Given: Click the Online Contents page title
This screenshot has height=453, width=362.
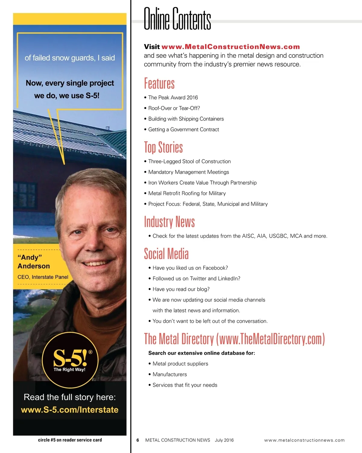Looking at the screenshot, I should pyautogui.click(x=177, y=19).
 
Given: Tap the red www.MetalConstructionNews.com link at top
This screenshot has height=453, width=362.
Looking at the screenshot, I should pyautogui.click(x=230, y=47).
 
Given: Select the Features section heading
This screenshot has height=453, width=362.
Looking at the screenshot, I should pyautogui.click(x=159, y=83).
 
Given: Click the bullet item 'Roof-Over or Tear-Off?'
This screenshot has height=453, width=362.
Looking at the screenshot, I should pyautogui.click(x=174, y=108).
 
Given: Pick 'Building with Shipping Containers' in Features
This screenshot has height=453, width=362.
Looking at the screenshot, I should pyautogui.click(x=186, y=119).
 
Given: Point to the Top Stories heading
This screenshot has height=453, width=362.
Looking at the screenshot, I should pyautogui.click(x=163, y=147).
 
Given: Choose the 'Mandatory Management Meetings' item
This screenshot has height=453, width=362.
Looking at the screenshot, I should pyautogui.click(x=189, y=172).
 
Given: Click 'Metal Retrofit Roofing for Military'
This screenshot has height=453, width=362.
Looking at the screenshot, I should pyautogui.click(x=187, y=193).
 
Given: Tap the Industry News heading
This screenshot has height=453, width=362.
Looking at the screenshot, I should pyautogui.click(x=169, y=222).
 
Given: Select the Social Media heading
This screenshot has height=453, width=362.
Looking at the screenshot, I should pyautogui.click(x=166, y=254).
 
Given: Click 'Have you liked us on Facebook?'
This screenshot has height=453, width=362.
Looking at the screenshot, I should pyautogui.click(x=190, y=268).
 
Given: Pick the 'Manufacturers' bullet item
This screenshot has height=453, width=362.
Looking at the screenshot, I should pyautogui.click(x=170, y=374).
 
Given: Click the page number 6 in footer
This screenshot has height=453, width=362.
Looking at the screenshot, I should pyautogui.click(x=138, y=440).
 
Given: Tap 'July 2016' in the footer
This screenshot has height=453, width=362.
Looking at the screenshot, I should pyautogui.click(x=224, y=440).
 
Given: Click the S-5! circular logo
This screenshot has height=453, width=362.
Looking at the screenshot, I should pyautogui.click(x=70, y=360).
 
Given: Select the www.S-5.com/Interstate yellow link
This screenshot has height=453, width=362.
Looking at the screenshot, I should pyautogui.click(x=70, y=410).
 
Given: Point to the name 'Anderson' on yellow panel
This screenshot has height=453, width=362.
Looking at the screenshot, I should pyautogui.click(x=34, y=266).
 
